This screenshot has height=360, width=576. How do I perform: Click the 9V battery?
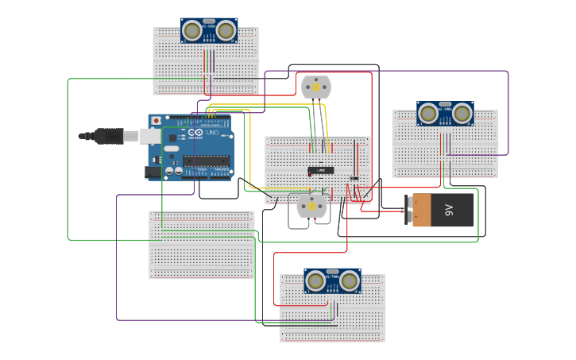[443, 211]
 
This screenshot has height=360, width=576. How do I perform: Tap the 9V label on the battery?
[449, 210]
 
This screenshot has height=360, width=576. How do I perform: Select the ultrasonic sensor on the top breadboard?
[209, 30]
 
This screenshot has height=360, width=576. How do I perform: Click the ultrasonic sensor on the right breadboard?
[445, 114]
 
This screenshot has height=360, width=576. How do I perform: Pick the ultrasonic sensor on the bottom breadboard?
[332, 281]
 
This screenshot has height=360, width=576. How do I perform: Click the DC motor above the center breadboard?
[316, 87]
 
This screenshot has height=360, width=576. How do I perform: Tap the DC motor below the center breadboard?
[312, 205]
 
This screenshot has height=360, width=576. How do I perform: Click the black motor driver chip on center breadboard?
[321, 170]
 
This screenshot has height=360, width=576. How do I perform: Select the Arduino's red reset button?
[156, 121]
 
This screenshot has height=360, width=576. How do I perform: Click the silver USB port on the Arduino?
[151, 136]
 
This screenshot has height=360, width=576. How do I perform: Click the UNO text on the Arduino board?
[212, 132]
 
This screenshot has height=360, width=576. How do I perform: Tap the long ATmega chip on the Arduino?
[207, 161]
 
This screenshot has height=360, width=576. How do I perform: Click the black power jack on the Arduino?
[153, 172]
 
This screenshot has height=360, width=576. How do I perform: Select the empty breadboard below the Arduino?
[202, 245]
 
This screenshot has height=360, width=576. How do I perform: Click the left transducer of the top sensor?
[192, 31]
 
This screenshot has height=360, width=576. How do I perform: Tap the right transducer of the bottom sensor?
[349, 281]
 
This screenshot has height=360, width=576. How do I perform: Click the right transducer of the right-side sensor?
[462, 114]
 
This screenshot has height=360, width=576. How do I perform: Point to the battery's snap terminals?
[410, 211]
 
